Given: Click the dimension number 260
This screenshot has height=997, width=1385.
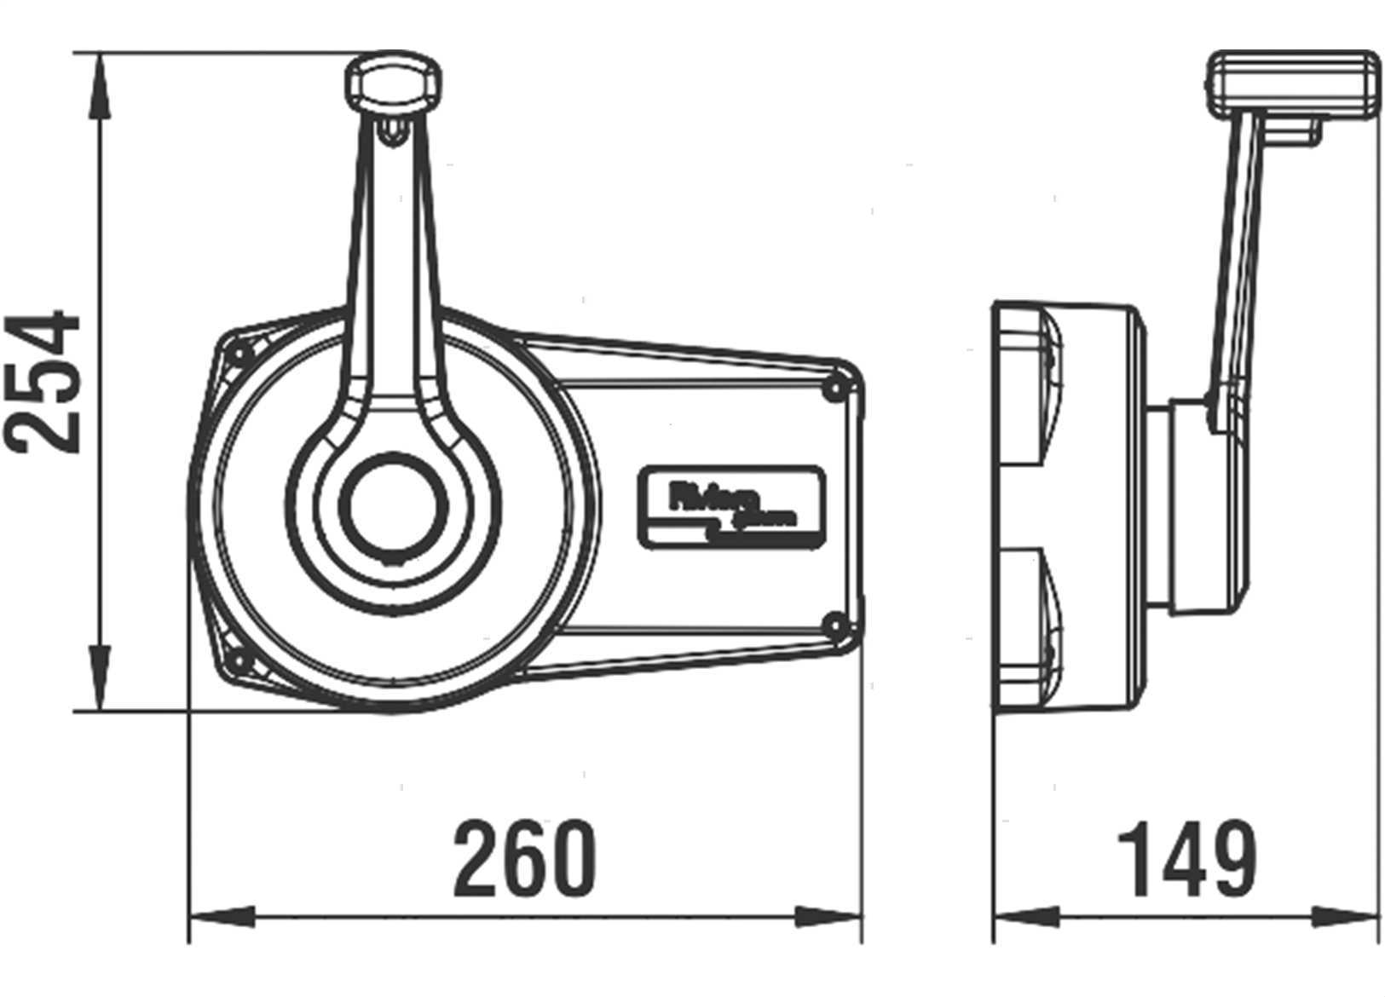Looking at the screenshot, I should pos(522,858).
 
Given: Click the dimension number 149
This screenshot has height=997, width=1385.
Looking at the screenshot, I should pos(1186,858).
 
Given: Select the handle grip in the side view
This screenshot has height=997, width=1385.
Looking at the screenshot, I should pos(1295,84).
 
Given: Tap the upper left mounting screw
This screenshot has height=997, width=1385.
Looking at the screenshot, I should pos(239,353).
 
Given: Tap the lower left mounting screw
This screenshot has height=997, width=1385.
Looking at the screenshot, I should pos(239,660).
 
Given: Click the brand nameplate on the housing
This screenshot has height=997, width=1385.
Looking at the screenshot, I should pos(730,505).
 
